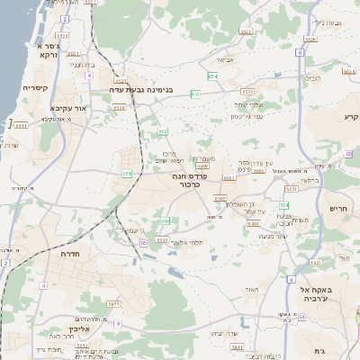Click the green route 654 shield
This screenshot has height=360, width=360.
tap(212, 76)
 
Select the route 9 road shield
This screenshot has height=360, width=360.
tap(116, 323)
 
